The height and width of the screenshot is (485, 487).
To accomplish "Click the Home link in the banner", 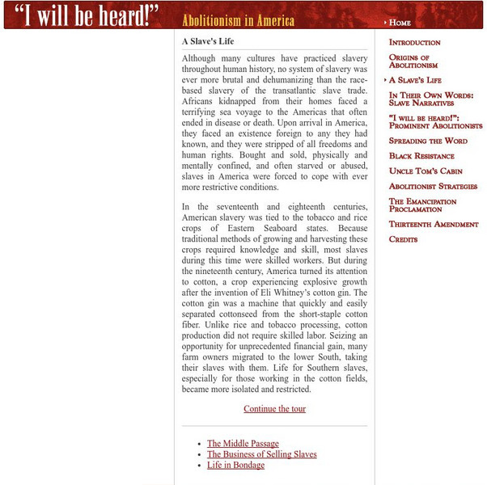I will pos(400,23).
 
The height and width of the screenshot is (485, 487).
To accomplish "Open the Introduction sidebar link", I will pos(414,42).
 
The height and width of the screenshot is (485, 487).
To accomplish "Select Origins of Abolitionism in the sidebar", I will pos(413,61).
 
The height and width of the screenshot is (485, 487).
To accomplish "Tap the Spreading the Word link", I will pos(428,141).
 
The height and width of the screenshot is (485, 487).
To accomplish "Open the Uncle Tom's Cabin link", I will pos(426,171).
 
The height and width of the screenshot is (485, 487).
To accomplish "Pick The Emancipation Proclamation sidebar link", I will pos(421,205).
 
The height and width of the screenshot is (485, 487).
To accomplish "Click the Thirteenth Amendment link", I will pos(434,224).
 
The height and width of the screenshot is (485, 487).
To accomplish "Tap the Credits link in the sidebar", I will pos(403,239).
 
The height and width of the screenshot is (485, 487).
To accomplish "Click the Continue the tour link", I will pos(275,409).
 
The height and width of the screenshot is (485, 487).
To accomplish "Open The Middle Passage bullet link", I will pos(243,444).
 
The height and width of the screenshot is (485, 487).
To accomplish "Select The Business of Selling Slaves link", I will pos(261,454).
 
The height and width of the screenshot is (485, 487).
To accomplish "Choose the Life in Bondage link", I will pos(235,466).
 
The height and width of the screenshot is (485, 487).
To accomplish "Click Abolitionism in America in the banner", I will pos(227,20).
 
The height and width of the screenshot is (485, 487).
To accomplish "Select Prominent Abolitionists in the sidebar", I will pos(435,126).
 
